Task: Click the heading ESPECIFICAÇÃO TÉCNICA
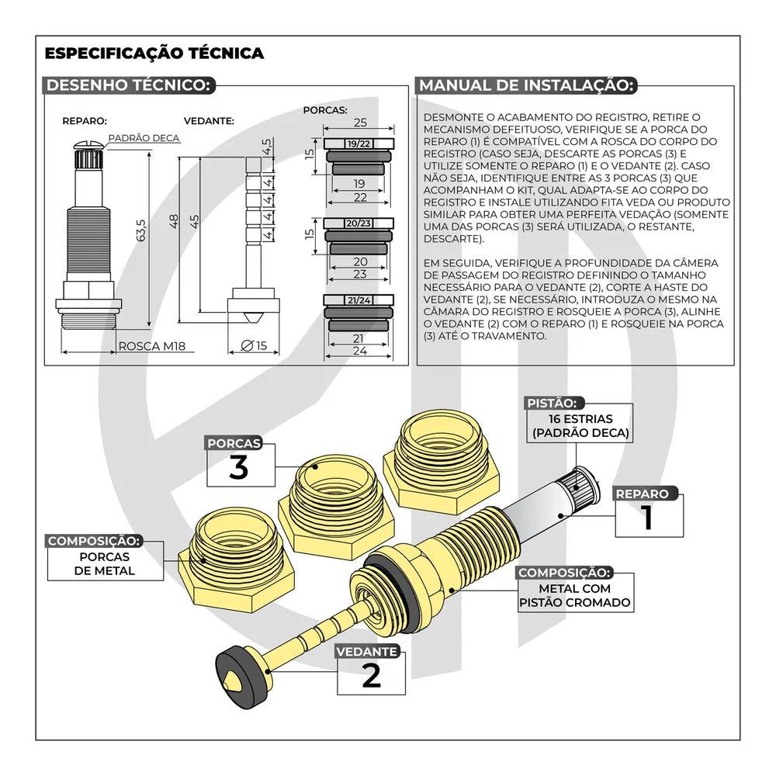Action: (x=154, y=54)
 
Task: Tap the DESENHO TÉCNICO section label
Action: (x=129, y=85)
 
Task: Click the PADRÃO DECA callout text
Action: (x=144, y=138)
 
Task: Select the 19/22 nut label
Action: (x=359, y=144)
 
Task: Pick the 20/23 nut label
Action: (x=359, y=223)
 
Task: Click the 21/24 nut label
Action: (x=359, y=300)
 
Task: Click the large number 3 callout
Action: (x=238, y=468)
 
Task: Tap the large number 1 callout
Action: (x=648, y=518)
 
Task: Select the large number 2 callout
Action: (x=372, y=676)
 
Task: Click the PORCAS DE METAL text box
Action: (x=105, y=563)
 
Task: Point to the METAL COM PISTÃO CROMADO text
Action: (x=574, y=595)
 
